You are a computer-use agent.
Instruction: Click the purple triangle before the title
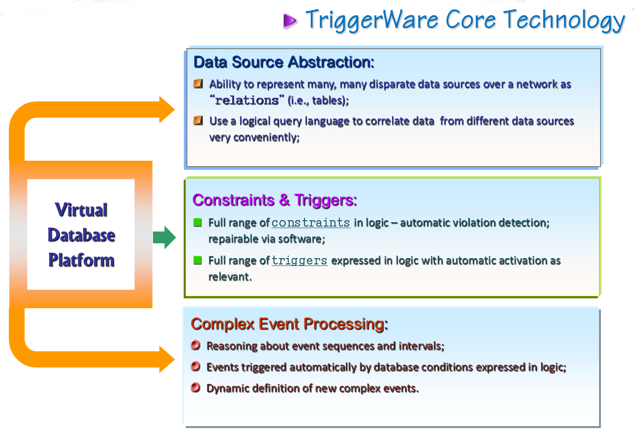click(290, 21)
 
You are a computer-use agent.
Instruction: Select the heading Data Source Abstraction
click(284, 62)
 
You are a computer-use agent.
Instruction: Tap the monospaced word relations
click(247, 100)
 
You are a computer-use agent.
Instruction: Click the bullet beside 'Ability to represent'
click(198, 84)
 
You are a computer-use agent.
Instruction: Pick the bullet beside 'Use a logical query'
click(198, 120)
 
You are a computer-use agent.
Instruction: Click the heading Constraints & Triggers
click(274, 201)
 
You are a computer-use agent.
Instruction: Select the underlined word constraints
click(311, 223)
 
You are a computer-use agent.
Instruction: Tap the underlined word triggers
click(300, 261)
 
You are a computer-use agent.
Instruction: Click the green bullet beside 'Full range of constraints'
click(197, 222)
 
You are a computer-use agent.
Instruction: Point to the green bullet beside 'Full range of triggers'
click(197, 260)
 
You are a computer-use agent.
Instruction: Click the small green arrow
click(164, 237)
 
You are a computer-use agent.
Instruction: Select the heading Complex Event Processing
click(289, 324)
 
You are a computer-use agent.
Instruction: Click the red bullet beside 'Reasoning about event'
click(196, 345)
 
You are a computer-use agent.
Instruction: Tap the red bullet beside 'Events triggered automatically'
click(196, 366)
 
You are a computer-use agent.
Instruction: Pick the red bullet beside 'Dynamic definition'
click(196, 387)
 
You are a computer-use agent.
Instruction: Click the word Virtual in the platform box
click(81, 210)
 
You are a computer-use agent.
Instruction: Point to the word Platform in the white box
click(81, 260)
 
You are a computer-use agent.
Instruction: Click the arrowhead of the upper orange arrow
click(167, 110)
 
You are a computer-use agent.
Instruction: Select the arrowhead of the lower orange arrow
click(167, 359)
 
